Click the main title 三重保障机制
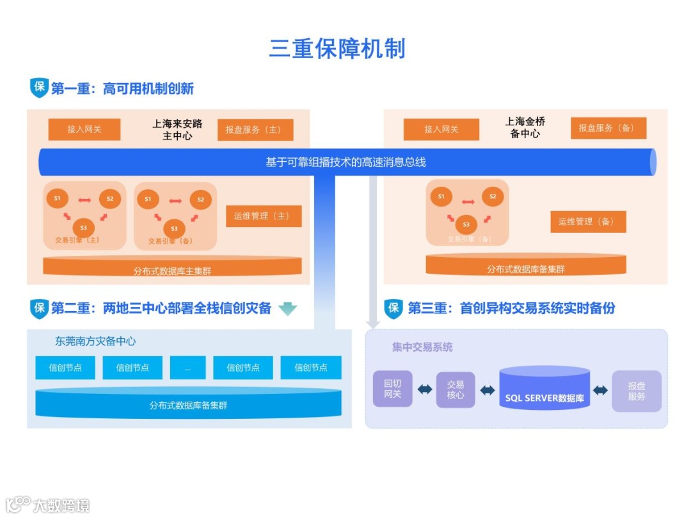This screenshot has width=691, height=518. pyautogui.click(x=337, y=49)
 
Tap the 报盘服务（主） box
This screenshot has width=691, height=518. pyautogui.click(x=255, y=130)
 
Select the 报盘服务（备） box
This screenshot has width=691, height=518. pyautogui.click(x=608, y=128)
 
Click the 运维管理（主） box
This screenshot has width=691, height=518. pyautogui.click(x=264, y=216)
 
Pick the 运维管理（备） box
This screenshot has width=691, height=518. pyautogui.click(x=588, y=222)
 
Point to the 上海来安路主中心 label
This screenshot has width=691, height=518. pyautogui.click(x=177, y=129)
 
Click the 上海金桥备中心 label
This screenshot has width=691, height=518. pyautogui.click(x=525, y=127)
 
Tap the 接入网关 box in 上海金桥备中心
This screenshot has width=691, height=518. pyautogui.click(x=441, y=130)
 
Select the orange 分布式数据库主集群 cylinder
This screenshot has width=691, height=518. pyautogui.click(x=172, y=267)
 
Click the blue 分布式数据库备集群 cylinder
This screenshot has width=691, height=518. pyautogui.click(x=188, y=404)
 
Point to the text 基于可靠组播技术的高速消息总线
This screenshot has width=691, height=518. pyautogui.click(x=345, y=162)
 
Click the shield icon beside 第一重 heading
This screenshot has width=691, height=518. pyautogui.click(x=39, y=88)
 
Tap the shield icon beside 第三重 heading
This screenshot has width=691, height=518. pyautogui.click(x=393, y=308)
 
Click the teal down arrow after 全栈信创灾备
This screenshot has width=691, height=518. pyautogui.click(x=287, y=309)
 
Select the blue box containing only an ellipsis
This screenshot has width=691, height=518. pyautogui.click(x=187, y=368)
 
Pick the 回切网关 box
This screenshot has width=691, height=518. pyautogui.click(x=392, y=389)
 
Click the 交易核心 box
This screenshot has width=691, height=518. pyautogui.click(x=456, y=389)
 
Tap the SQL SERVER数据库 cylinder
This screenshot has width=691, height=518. pyautogui.click(x=544, y=390)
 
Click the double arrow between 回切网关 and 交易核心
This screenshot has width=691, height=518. pyautogui.click(x=424, y=389)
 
